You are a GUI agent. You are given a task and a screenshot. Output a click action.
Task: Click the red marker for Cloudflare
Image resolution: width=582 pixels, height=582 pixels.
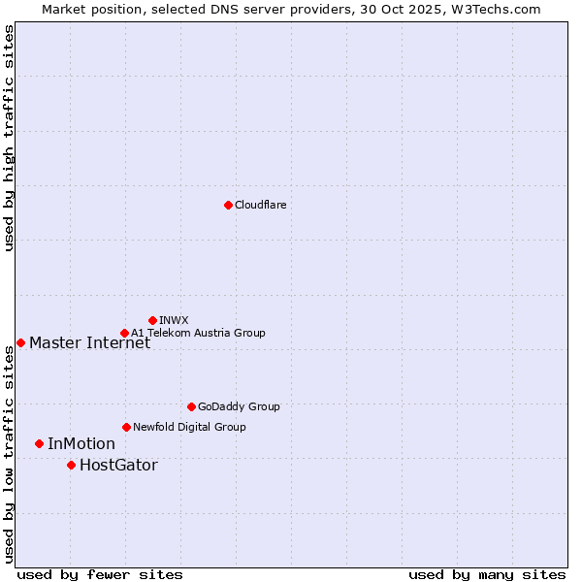228,205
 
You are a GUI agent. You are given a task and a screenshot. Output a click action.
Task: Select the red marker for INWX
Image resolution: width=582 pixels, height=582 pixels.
152,320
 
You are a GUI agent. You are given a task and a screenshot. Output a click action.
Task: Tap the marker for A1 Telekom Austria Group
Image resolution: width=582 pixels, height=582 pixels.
124,333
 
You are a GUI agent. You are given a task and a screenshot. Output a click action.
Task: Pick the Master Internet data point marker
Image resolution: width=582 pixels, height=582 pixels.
20,342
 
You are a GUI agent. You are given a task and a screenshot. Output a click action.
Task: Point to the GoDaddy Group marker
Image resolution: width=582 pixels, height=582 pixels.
191,406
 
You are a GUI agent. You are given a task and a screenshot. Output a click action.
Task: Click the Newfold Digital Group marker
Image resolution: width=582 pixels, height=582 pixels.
126,427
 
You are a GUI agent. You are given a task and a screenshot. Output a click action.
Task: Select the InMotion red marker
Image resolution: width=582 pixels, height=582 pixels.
39,443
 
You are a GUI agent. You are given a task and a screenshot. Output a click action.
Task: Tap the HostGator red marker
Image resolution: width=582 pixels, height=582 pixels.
71,465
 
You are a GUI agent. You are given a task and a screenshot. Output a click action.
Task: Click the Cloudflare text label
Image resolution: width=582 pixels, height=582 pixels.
261,205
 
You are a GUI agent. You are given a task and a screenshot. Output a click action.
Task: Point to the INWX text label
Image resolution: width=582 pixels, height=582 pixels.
174,320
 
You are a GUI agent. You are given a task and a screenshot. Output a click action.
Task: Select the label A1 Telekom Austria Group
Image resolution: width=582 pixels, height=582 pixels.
198,333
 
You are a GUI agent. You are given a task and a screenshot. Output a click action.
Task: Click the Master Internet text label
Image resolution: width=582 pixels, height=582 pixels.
89,342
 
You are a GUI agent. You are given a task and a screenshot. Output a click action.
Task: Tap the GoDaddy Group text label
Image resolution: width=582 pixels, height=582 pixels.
239,406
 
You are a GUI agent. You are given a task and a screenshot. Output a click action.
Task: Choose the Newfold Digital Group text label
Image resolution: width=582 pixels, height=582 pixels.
189,427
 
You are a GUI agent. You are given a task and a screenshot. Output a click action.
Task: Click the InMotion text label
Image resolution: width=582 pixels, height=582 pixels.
81,444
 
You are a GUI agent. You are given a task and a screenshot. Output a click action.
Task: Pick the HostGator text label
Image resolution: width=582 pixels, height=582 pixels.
118,466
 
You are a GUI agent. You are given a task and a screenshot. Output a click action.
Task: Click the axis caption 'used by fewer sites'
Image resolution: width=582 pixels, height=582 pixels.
100,574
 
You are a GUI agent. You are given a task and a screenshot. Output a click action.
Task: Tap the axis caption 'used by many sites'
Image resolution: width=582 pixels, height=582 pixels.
487,574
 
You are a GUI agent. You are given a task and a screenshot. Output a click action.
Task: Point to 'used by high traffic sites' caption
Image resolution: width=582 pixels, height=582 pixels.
9,139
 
